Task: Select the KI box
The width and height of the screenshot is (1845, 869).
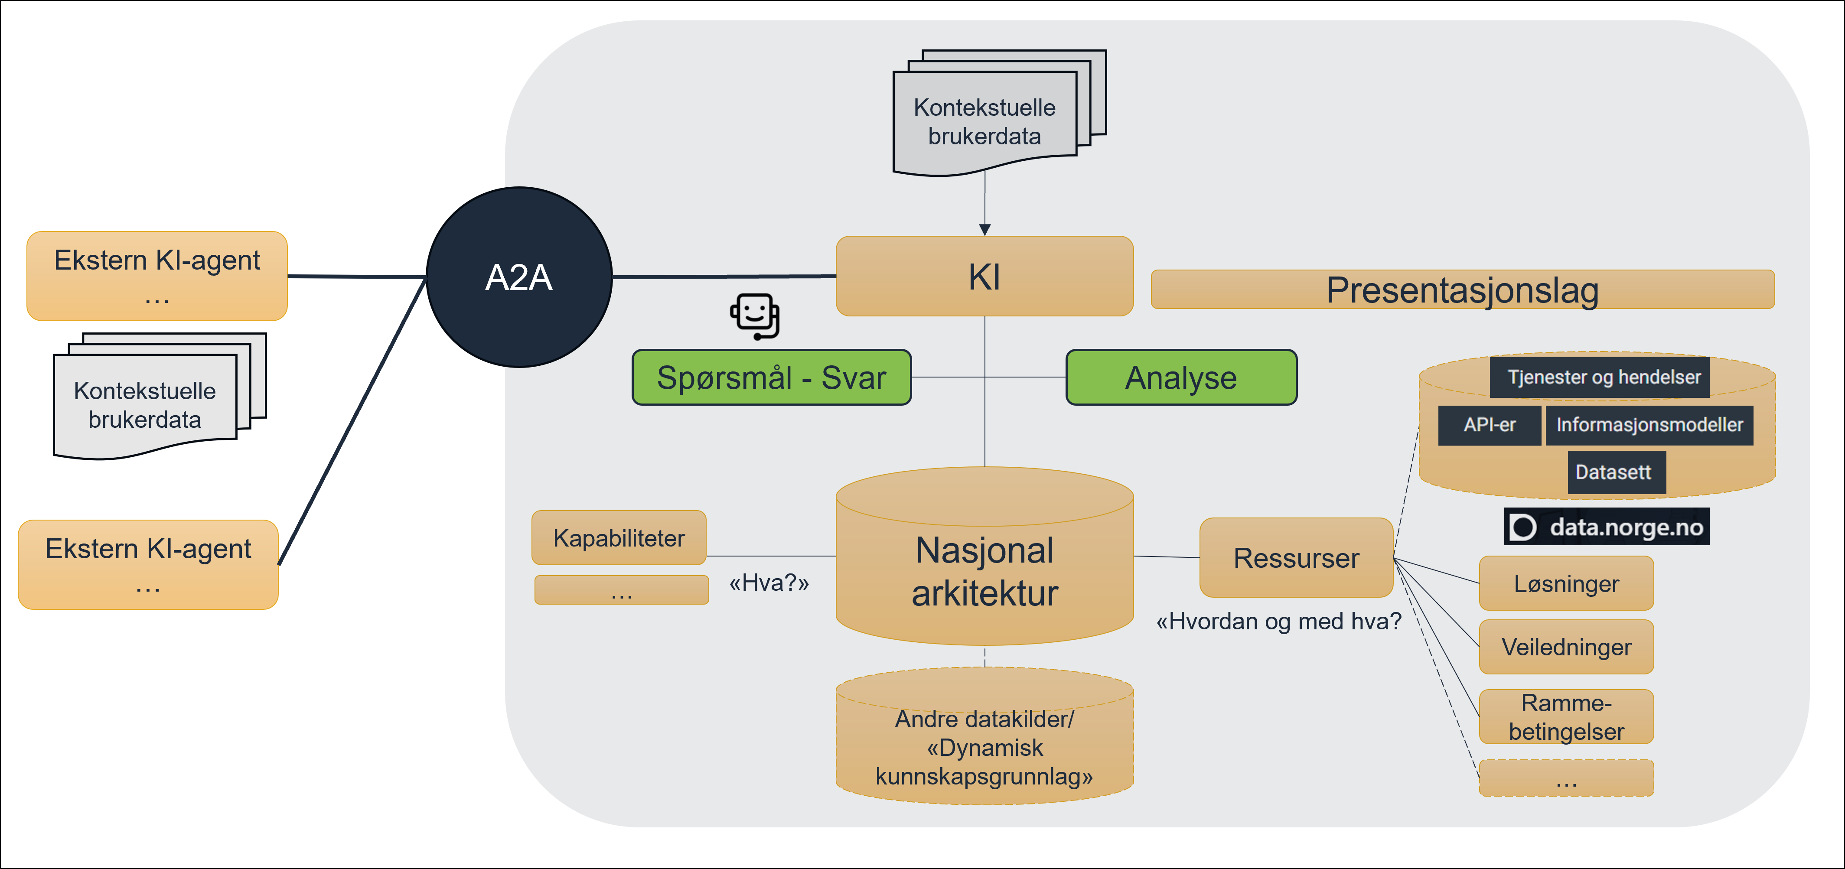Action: pyautogui.click(x=985, y=277)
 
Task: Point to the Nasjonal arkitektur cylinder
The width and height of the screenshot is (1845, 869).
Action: pyautogui.click(x=985, y=556)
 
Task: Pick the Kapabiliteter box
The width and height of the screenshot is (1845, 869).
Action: pyautogui.click(x=619, y=537)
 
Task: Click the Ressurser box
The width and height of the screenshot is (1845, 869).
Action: pyautogui.click(x=1296, y=558)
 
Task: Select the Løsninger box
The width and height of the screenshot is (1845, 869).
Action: pyautogui.click(x=1566, y=583)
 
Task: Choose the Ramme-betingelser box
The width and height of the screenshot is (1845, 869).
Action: pyautogui.click(x=1566, y=716)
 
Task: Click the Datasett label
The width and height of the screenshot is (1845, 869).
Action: pyautogui.click(x=1617, y=472)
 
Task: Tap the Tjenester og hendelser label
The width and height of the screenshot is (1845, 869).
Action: pyautogui.click(x=1599, y=377)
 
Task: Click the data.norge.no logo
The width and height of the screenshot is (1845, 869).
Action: pyautogui.click(x=1607, y=527)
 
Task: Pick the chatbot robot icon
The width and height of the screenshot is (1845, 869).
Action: pyautogui.click(x=755, y=316)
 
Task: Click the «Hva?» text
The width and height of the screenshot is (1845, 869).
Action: pyautogui.click(x=769, y=583)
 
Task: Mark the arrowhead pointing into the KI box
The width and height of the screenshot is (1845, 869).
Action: pyautogui.click(x=985, y=230)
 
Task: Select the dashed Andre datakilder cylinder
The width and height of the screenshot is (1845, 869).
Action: pyautogui.click(x=985, y=736)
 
